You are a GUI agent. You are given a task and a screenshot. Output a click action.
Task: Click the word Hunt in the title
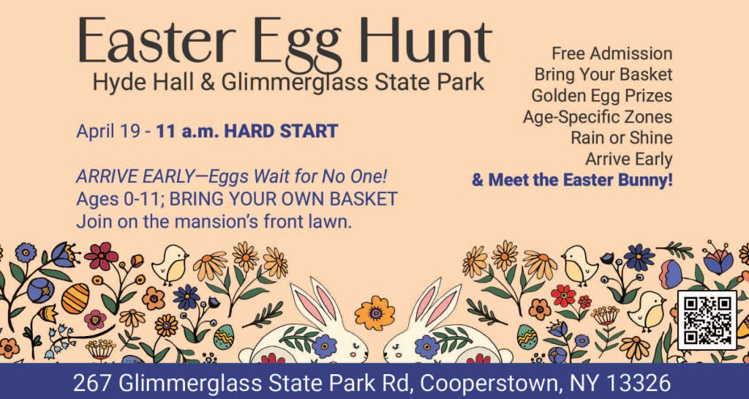click(426, 40)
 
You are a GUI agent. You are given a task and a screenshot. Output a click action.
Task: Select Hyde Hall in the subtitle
click(144, 82)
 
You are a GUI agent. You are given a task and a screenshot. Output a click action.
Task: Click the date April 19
click(108, 131)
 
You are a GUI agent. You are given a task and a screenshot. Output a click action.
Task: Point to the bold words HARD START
click(281, 131)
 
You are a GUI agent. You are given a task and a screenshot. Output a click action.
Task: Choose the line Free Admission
click(612, 53)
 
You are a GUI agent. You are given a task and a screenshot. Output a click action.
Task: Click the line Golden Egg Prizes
click(602, 96)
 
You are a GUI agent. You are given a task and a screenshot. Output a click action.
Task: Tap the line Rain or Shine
click(622, 138)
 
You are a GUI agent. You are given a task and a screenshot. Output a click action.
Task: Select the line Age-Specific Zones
click(598, 116)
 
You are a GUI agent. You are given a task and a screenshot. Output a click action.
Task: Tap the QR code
click(707, 320)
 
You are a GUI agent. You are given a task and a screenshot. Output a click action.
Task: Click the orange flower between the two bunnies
click(375, 313)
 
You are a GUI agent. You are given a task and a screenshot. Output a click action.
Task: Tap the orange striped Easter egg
click(75, 299)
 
